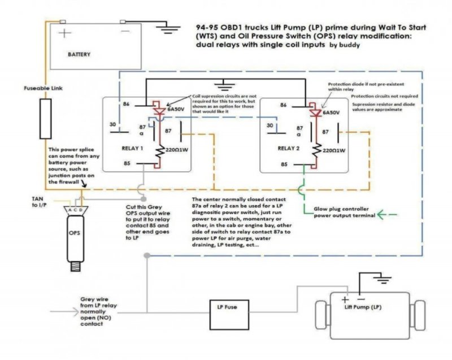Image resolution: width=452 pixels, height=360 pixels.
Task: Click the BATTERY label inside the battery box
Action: pyautogui.click(x=79, y=55)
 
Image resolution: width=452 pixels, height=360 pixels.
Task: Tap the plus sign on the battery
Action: pyautogui.click(x=66, y=33)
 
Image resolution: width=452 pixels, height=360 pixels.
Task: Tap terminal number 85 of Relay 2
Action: pyautogui.click(x=284, y=164)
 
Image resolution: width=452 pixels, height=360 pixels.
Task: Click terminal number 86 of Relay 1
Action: pyautogui.click(x=125, y=105)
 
